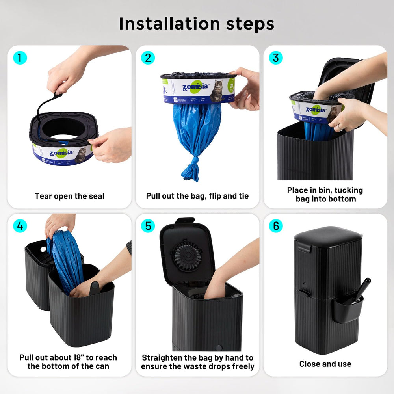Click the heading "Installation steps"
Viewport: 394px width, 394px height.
click(197, 24)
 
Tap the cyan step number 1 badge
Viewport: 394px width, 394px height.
click(20, 58)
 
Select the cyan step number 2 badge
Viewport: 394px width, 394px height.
click(148, 58)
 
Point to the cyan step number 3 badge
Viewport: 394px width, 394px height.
click(276, 58)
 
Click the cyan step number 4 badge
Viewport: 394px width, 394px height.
click(20, 226)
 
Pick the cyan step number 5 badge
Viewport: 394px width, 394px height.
click(148, 226)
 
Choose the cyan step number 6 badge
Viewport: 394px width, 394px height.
click(276, 226)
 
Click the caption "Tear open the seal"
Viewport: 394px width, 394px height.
click(69, 196)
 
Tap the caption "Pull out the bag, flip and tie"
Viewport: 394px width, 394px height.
click(197, 196)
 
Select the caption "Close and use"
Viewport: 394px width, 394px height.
click(325, 364)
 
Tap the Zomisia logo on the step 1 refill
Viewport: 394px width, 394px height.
click(61, 152)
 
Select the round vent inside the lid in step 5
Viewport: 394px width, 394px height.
click(188, 255)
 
